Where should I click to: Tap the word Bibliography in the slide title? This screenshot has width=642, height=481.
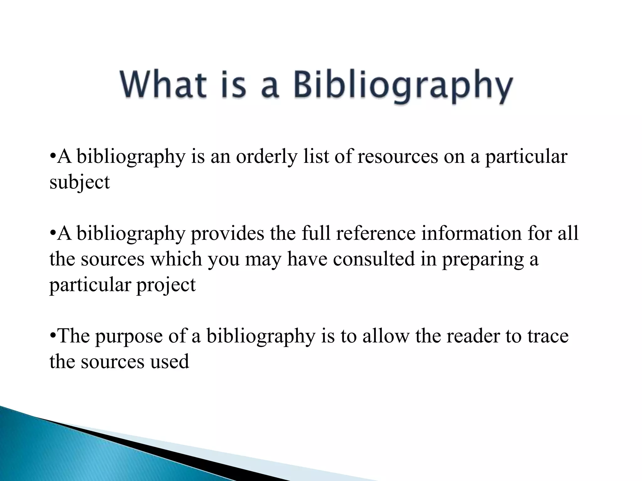tap(403, 86)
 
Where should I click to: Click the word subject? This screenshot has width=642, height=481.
tap(80, 182)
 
